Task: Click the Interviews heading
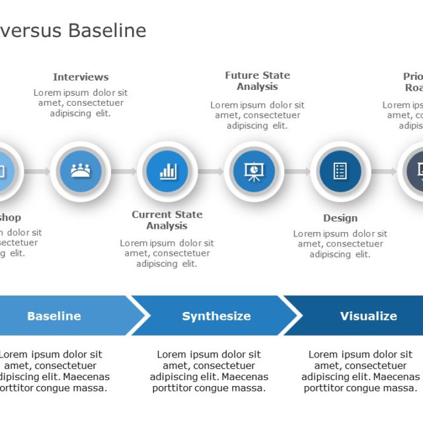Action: [81, 77]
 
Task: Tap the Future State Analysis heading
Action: [257, 81]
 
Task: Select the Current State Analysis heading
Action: [167, 220]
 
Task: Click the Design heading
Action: [340, 218]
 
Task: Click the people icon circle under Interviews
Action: [81, 171]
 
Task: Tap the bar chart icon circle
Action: [167, 171]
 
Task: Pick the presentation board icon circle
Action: [254, 171]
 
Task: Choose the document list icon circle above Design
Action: [340, 171]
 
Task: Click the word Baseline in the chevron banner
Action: [54, 316]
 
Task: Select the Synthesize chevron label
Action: [216, 316]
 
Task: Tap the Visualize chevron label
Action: [368, 316]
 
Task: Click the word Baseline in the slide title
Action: [108, 30]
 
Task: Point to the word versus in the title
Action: [31, 30]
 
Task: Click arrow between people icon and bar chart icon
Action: [124, 172]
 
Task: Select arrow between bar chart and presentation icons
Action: [211, 172]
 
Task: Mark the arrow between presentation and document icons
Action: [297, 172]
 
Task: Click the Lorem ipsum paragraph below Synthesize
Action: [209, 371]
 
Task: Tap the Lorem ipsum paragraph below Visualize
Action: [361, 371]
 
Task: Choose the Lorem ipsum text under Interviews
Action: [81, 102]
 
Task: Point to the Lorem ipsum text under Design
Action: [340, 243]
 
